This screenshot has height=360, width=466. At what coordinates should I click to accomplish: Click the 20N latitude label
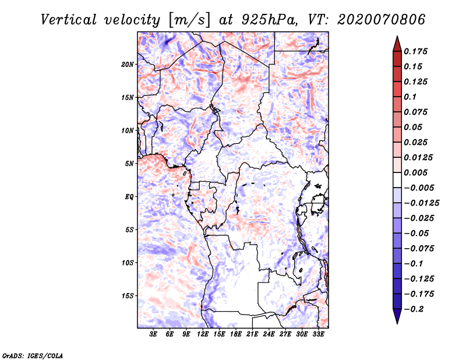(128, 65)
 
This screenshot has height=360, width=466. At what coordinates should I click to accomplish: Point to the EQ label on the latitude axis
(129, 197)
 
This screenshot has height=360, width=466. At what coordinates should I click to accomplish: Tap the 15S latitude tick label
(128, 296)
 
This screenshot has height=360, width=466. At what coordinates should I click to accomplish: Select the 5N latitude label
(129, 164)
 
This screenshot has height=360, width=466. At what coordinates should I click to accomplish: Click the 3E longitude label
(153, 334)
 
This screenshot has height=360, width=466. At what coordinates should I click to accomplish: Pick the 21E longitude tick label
(252, 334)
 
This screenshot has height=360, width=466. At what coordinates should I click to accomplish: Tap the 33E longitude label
(318, 334)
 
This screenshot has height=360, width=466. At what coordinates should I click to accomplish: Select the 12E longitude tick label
(203, 334)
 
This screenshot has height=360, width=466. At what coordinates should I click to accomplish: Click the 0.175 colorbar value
(415, 51)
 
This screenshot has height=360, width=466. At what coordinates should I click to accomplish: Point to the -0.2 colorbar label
(414, 309)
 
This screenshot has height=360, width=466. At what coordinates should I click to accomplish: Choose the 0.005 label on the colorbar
(415, 172)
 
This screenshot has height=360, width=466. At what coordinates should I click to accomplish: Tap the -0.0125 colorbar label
(421, 203)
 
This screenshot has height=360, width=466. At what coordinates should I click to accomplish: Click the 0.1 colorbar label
(410, 97)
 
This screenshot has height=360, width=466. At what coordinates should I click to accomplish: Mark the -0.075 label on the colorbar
(419, 249)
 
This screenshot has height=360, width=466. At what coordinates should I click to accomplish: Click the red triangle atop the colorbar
(397, 44)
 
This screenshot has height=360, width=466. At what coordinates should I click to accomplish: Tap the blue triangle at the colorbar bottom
(397, 316)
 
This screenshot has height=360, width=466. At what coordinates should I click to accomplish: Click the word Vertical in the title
(69, 20)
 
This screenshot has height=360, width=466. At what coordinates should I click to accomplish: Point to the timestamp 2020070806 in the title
(381, 20)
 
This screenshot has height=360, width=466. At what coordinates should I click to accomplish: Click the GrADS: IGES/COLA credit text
(33, 355)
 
